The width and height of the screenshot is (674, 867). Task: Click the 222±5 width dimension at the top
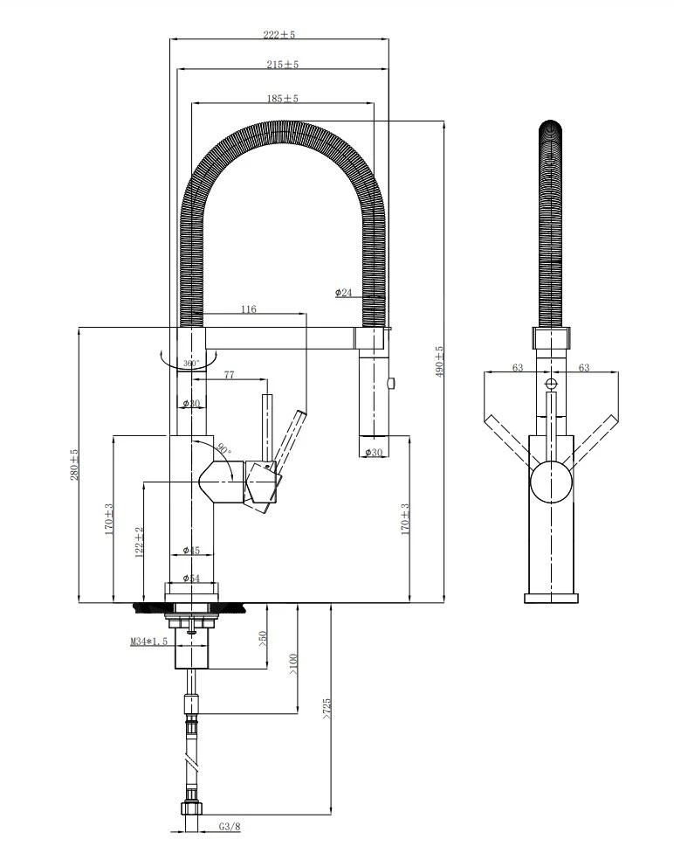click(x=280, y=35)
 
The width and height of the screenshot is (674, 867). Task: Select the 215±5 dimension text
click(x=283, y=65)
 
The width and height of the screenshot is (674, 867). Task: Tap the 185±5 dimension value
click(x=283, y=99)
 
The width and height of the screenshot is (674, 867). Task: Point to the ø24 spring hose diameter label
click(x=344, y=292)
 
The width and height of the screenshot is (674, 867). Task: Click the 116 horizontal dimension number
click(x=249, y=309)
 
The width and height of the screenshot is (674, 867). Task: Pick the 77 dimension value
click(x=229, y=375)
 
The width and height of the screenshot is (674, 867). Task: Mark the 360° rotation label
click(x=191, y=362)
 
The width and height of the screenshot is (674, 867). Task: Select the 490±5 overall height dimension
click(x=440, y=360)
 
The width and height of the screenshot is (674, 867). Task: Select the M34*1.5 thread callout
click(x=148, y=642)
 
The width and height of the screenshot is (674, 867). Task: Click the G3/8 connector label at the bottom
click(x=230, y=827)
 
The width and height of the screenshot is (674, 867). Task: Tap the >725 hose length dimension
click(x=327, y=709)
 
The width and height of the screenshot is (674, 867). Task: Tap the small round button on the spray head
click(x=390, y=381)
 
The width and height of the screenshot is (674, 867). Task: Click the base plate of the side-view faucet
click(x=551, y=598)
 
